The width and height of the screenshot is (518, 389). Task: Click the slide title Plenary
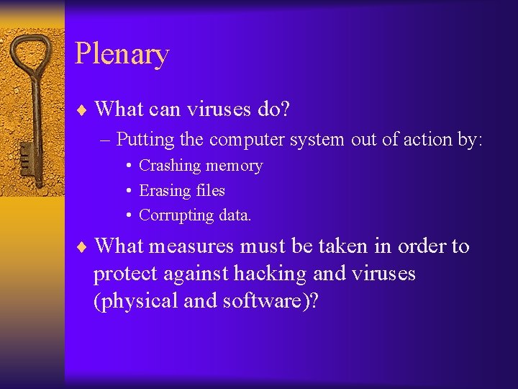tap(122, 55)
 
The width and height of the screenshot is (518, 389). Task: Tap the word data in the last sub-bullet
tap(235, 215)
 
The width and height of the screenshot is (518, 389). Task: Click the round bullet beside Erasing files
tap(127, 191)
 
